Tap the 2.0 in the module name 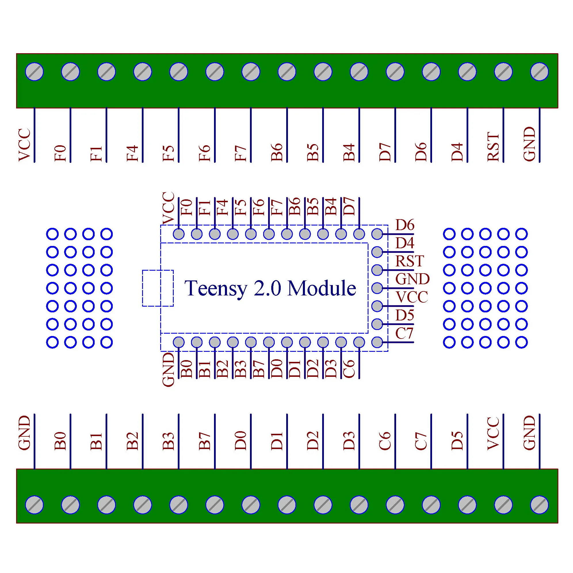(x=267, y=289)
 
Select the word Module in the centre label (x=322, y=289)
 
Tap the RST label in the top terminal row (x=493, y=147)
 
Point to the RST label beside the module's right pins (x=409, y=261)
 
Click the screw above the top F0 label (x=70, y=71)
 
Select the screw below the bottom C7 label (x=431, y=505)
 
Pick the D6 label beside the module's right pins (x=405, y=225)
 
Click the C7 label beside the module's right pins (x=404, y=333)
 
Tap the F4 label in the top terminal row (x=133, y=153)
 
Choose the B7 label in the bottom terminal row (x=205, y=441)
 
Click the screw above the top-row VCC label (x=35, y=71)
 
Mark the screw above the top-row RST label (x=503, y=71)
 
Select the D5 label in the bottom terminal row (x=457, y=441)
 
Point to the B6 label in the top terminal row (x=277, y=152)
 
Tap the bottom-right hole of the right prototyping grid (x=522, y=342)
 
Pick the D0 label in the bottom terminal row (x=240, y=441)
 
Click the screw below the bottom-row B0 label (x=70, y=505)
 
